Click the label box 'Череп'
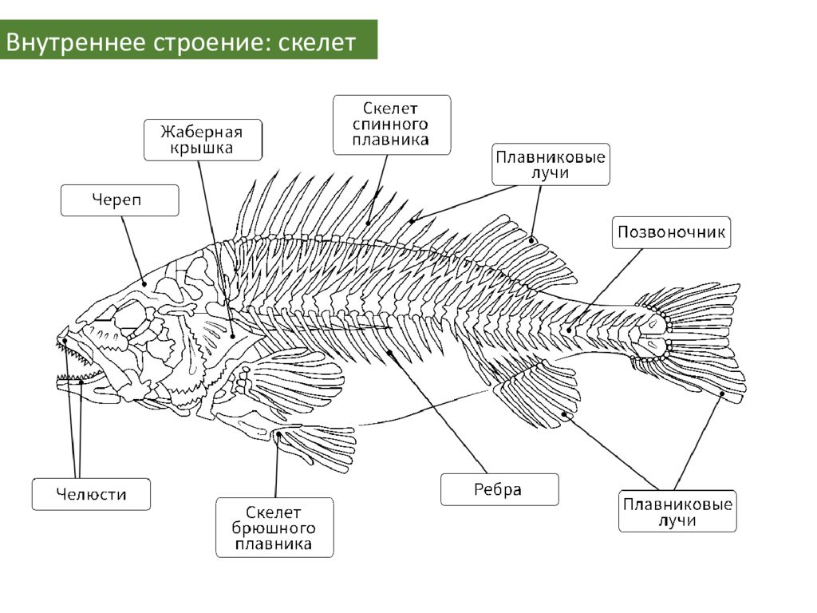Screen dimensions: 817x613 pos(120,200)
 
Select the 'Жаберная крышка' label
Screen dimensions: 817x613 pos(203,140)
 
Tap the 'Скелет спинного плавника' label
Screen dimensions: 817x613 pos(392,125)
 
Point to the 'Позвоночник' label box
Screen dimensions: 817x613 pos(671,232)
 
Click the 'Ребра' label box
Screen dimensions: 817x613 pos(499,489)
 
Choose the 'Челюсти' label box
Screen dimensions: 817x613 pos(91,494)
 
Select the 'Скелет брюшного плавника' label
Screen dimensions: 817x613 pos(274,528)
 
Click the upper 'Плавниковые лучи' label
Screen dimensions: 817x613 pos(551,164)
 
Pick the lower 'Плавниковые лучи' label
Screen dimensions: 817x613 pos(677,512)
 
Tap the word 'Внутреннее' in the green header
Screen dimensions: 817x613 pos(76,42)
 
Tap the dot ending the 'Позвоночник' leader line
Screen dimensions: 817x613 pos(569,330)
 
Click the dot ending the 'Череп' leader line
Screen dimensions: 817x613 pos(144,283)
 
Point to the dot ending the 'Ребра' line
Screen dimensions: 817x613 pos(389,353)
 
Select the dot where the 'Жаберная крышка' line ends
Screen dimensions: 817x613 pos(233,336)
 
